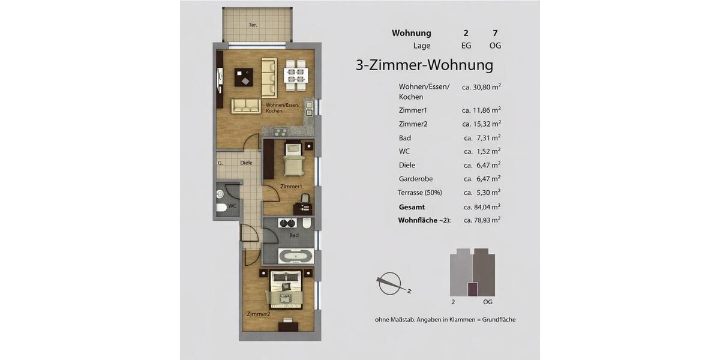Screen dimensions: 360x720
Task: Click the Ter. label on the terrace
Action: click(253, 25)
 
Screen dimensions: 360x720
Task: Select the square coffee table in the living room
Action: click(243, 78)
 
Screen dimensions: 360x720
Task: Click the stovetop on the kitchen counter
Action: click(280, 132)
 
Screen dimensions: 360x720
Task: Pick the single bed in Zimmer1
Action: click(293, 160)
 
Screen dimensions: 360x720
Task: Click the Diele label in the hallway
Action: click(246, 163)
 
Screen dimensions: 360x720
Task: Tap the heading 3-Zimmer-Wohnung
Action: click(424, 65)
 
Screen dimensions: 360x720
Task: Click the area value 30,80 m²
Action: click(481, 87)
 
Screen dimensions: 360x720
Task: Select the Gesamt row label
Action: click(412, 206)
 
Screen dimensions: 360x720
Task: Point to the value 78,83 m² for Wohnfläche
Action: click(482, 220)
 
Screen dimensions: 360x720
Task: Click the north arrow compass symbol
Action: click(392, 283)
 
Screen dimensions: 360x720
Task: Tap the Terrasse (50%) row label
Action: click(419, 193)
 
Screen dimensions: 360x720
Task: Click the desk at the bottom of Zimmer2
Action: click(289, 327)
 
